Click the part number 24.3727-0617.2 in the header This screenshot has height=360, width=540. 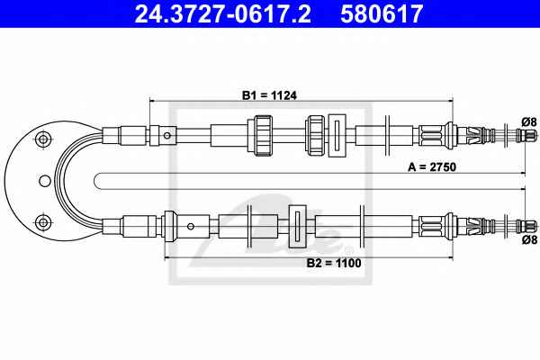click(222, 13)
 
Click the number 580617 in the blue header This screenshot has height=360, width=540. click(382, 13)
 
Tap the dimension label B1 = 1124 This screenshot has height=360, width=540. click(269, 95)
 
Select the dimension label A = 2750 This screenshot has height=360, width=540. click(432, 167)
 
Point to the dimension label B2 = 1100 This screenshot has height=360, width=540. click(334, 263)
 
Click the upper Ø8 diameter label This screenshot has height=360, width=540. click(529, 121)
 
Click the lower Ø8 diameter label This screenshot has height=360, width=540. click(529, 239)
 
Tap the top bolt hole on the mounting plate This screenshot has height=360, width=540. click(43, 139)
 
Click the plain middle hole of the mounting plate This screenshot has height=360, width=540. click(45, 181)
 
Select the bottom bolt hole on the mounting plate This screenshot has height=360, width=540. click(43, 222)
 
